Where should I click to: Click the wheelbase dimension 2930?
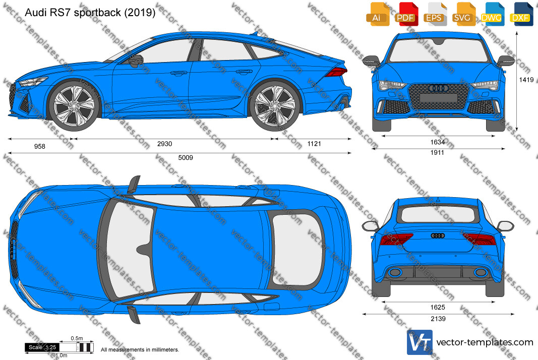click(x=165, y=144)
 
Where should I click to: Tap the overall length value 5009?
click(x=186, y=157)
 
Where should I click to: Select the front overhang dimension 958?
click(x=40, y=146)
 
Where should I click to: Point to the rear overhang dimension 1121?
click(x=314, y=144)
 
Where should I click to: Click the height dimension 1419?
click(x=526, y=80)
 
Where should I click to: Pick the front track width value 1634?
click(x=438, y=142)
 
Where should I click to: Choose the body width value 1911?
click(x=438, y=152)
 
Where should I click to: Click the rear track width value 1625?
click(x=438, y=307)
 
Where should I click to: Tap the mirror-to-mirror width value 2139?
click(x=438, y=319)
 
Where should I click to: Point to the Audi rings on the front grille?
click(x=439, y=88)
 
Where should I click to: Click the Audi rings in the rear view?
click(x=438, y=235)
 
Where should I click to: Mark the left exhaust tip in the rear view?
click(x=395, y=272)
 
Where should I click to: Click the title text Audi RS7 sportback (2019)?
click(x=90, y=13)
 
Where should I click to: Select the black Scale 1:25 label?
click(x=42, y=347)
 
